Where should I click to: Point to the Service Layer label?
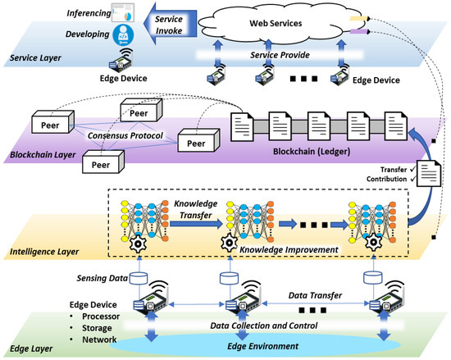click(37, 59)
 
